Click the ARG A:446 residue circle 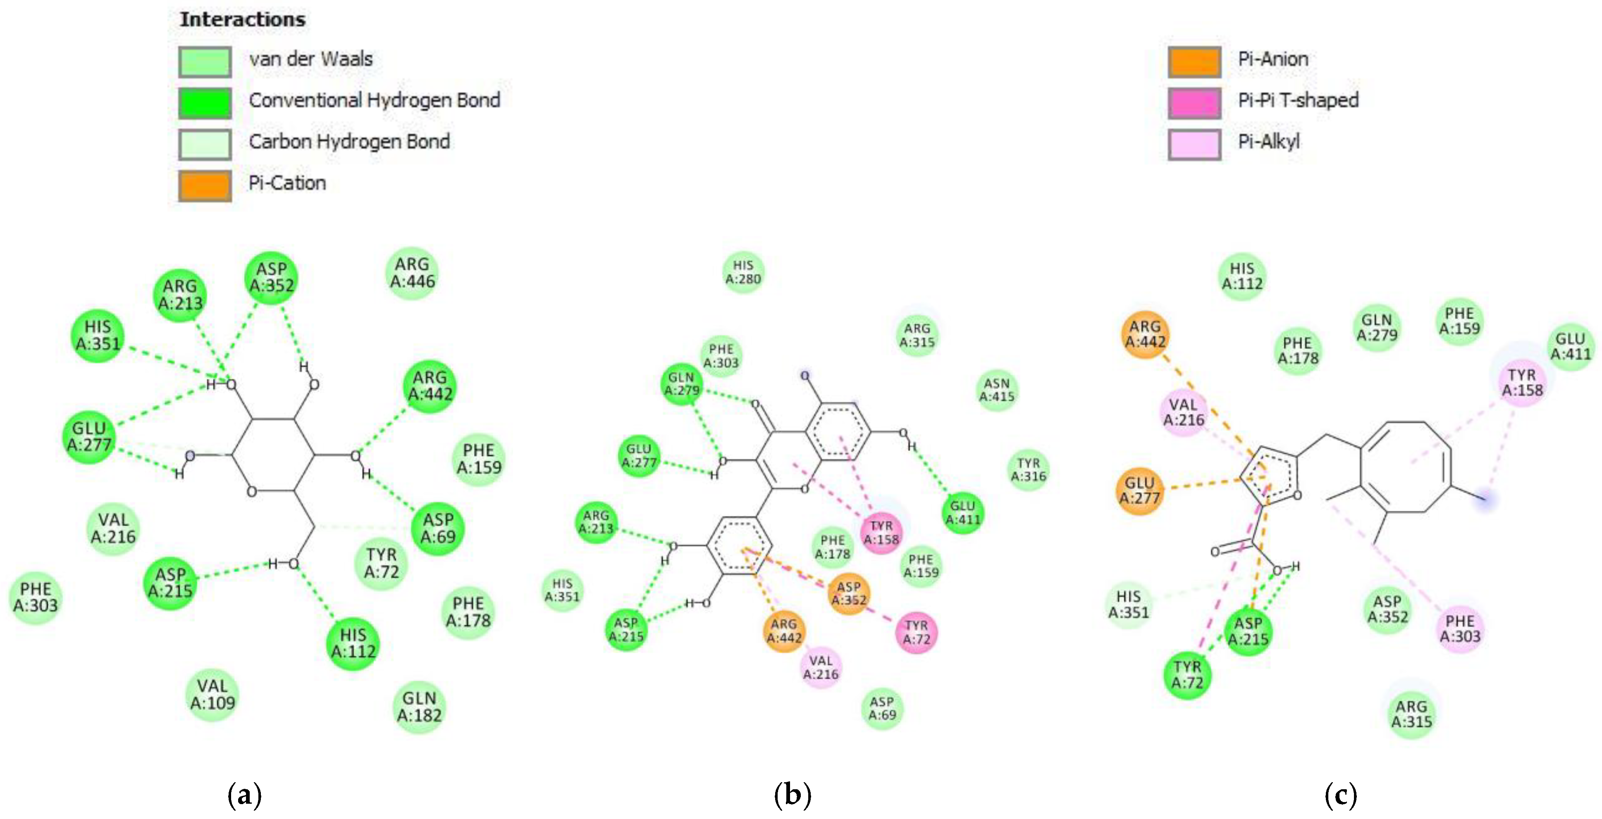coord(412,274)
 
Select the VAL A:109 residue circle coord(212,695)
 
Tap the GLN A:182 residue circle coord(420,707)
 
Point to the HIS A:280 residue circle coord(743,272)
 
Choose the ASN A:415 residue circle coord(997,390)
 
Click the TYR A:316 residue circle coord(1029,470)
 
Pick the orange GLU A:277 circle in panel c coord(1140,490)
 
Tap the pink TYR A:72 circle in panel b coord(917,633)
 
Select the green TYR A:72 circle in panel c coord(1187,675)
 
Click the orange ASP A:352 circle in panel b coord(849,593)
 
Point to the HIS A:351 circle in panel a coord(98,336)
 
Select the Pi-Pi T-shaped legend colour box coord(1194,102)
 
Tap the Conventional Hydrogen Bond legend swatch coord(205,102)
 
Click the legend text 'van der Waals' coord(311,60)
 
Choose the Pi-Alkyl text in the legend coord(1269,142)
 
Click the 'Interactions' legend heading coord(243,19)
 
